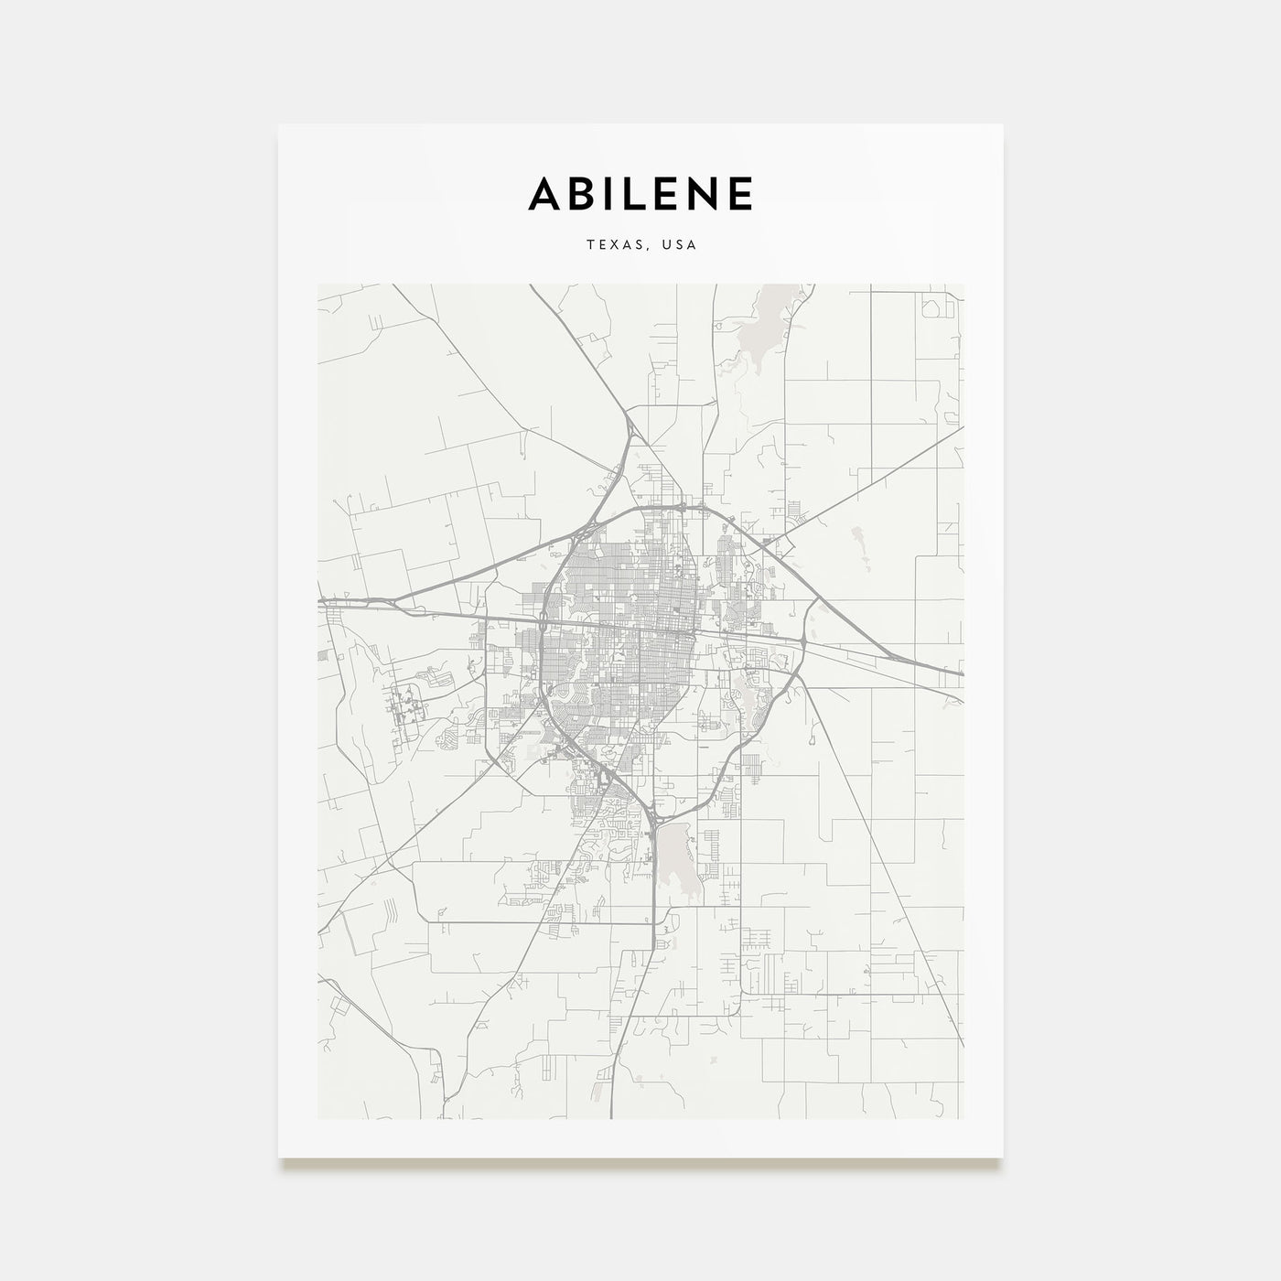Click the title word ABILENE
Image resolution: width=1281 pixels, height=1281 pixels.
coord(640,193)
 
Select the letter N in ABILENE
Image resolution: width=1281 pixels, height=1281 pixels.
coord(705,193)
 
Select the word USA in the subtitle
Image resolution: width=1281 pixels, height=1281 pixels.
coord(680,245)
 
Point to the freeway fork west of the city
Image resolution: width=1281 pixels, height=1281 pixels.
coord(393,602)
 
